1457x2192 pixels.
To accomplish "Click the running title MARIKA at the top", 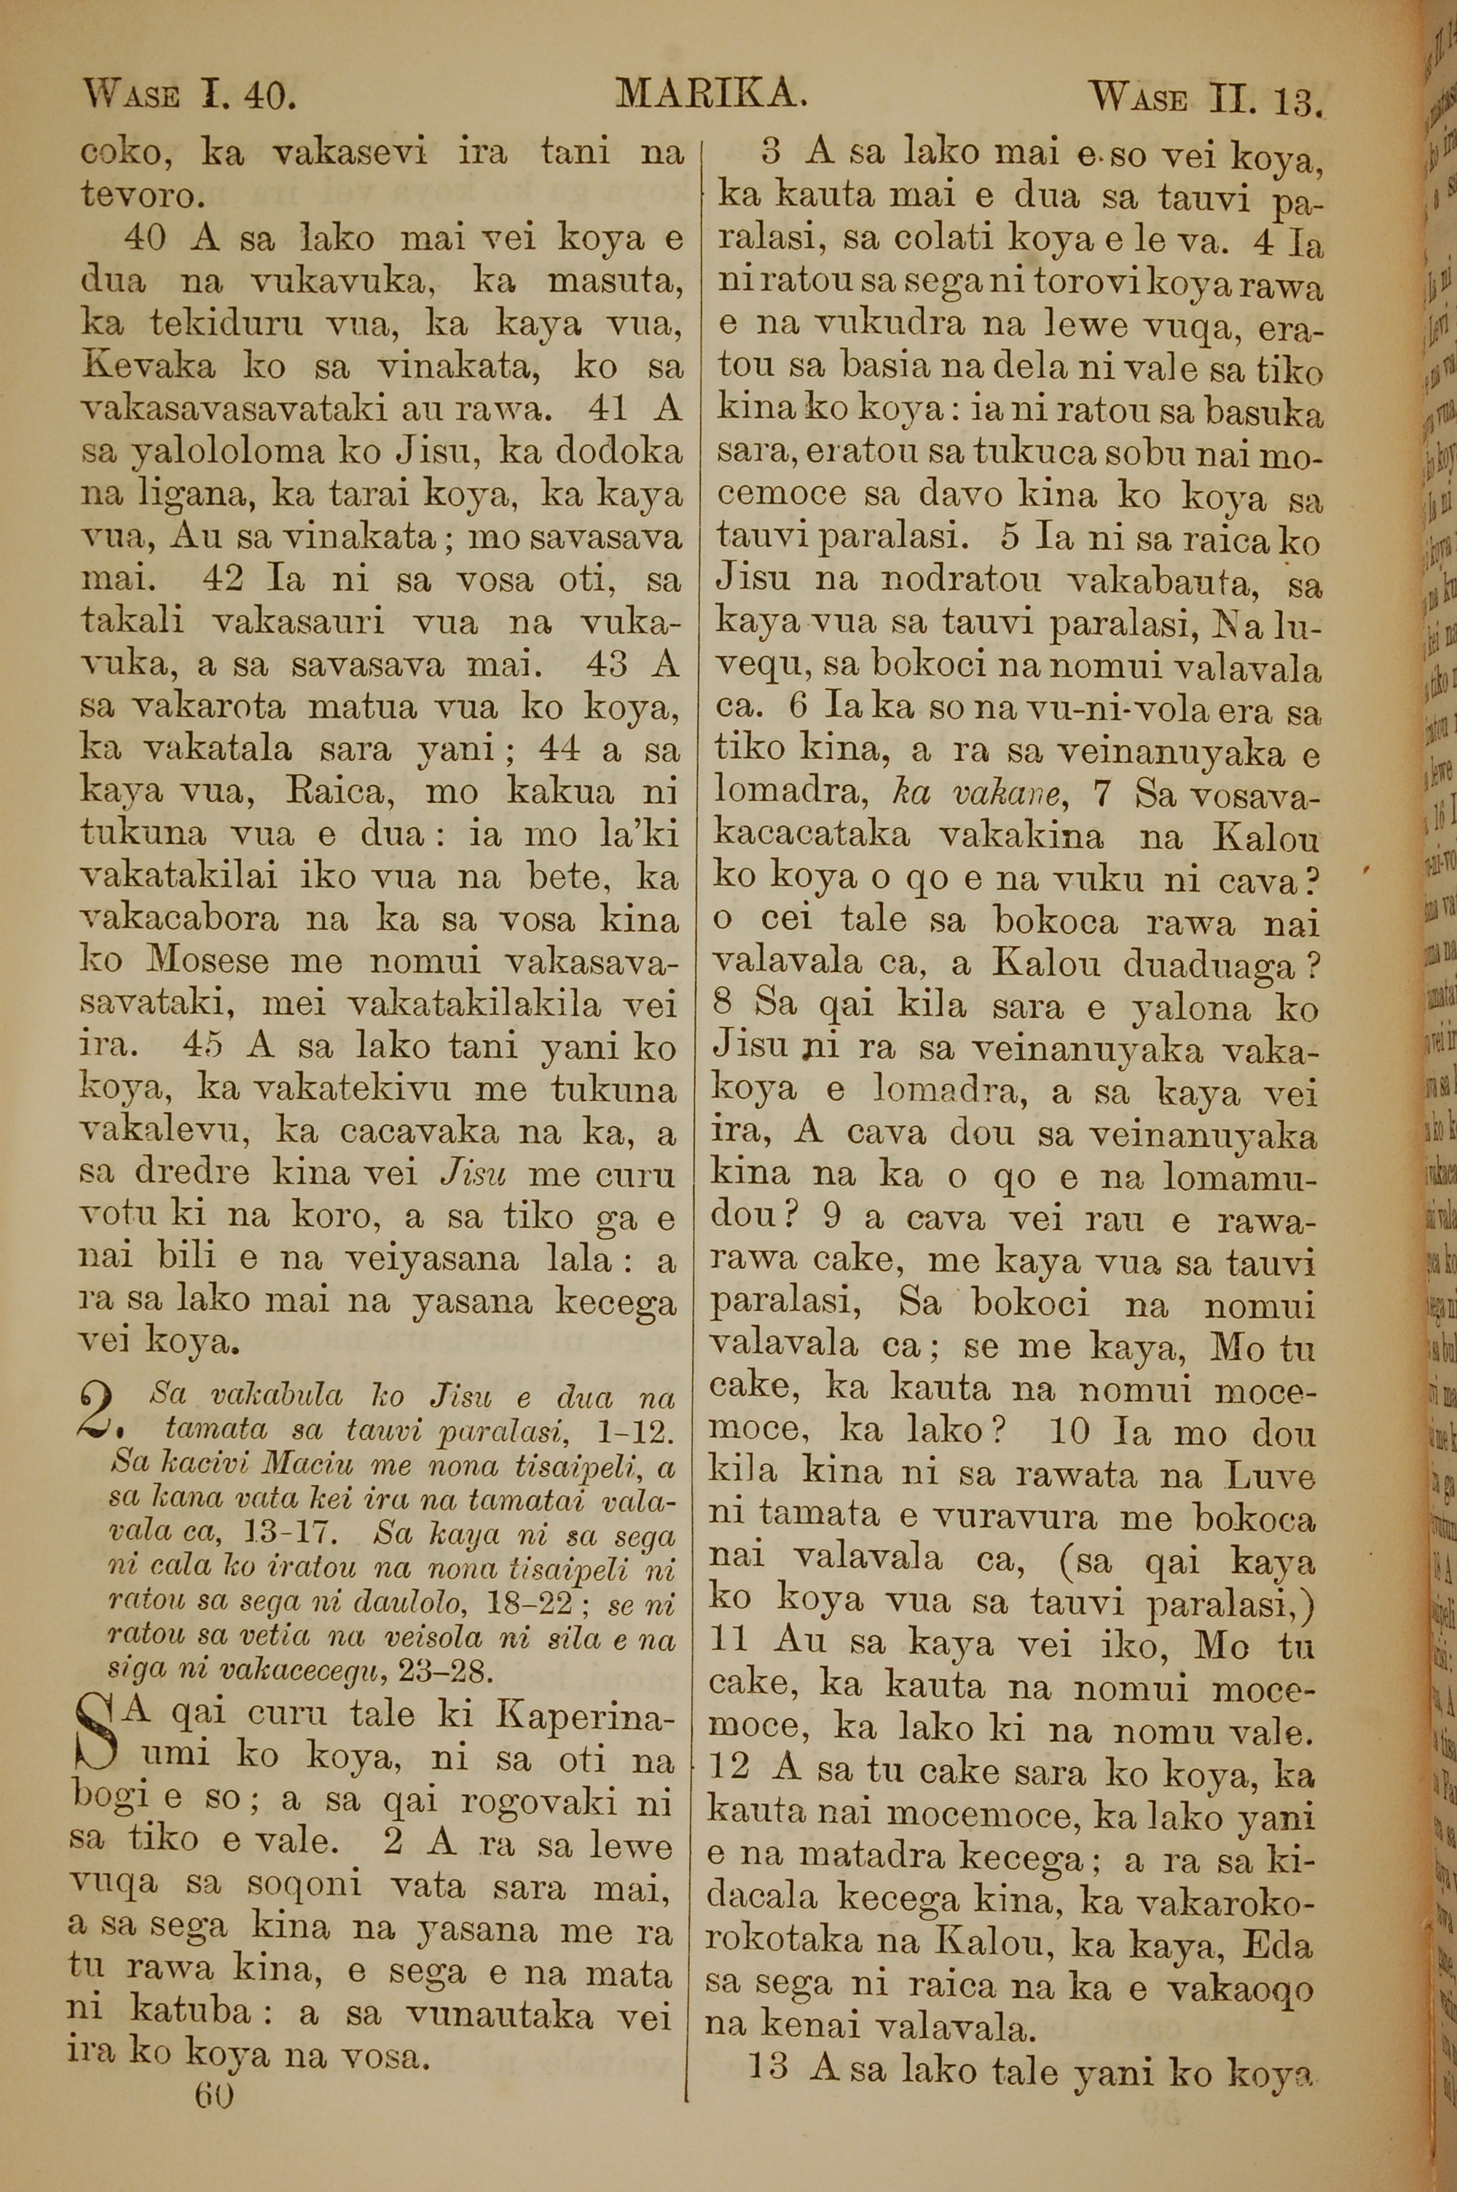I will (x=709, y=93).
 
